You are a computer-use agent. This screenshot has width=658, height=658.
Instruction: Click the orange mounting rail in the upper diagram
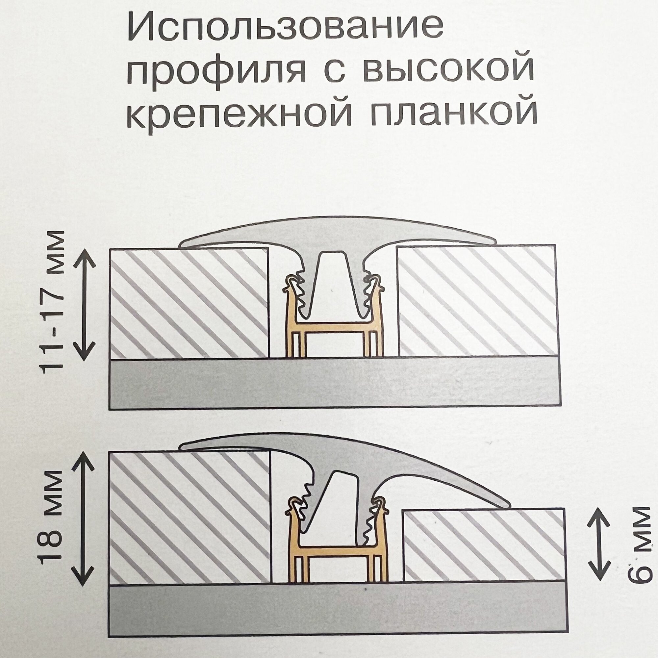point(334,336)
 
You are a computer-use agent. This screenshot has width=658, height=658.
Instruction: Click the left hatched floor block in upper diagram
point(189,303)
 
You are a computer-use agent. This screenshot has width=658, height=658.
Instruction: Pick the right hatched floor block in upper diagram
point(477,301)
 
